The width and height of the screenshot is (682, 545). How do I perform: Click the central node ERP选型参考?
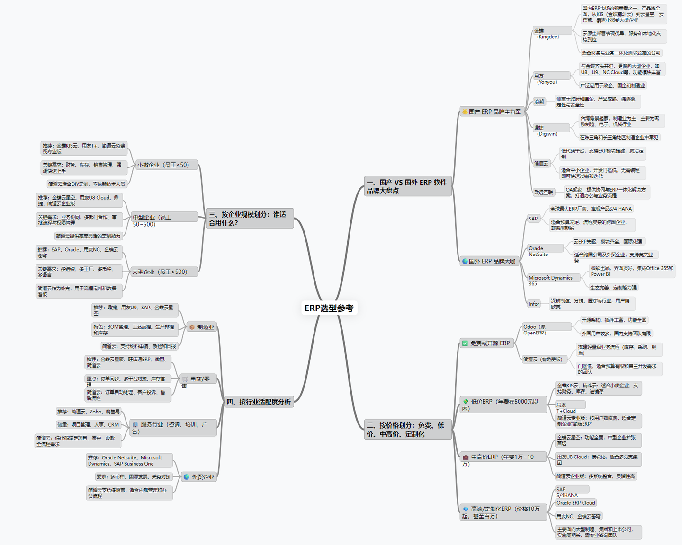point(329,308)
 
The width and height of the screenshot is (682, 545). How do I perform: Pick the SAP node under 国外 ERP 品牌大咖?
point(533,219)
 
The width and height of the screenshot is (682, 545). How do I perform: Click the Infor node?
point(534,304)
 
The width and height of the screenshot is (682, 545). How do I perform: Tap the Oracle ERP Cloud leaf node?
point(575,503)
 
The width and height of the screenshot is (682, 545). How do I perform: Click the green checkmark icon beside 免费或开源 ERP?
point(465,343)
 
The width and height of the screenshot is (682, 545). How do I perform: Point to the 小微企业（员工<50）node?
point(163,165)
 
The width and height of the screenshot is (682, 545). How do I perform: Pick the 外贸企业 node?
point(199,477)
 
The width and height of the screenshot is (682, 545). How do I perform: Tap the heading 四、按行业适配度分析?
point(259,402)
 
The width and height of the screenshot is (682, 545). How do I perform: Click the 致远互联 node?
point(543,193)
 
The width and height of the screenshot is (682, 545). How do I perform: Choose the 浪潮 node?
point(539,102)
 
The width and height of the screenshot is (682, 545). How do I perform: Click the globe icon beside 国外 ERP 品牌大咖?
point(465,261)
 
